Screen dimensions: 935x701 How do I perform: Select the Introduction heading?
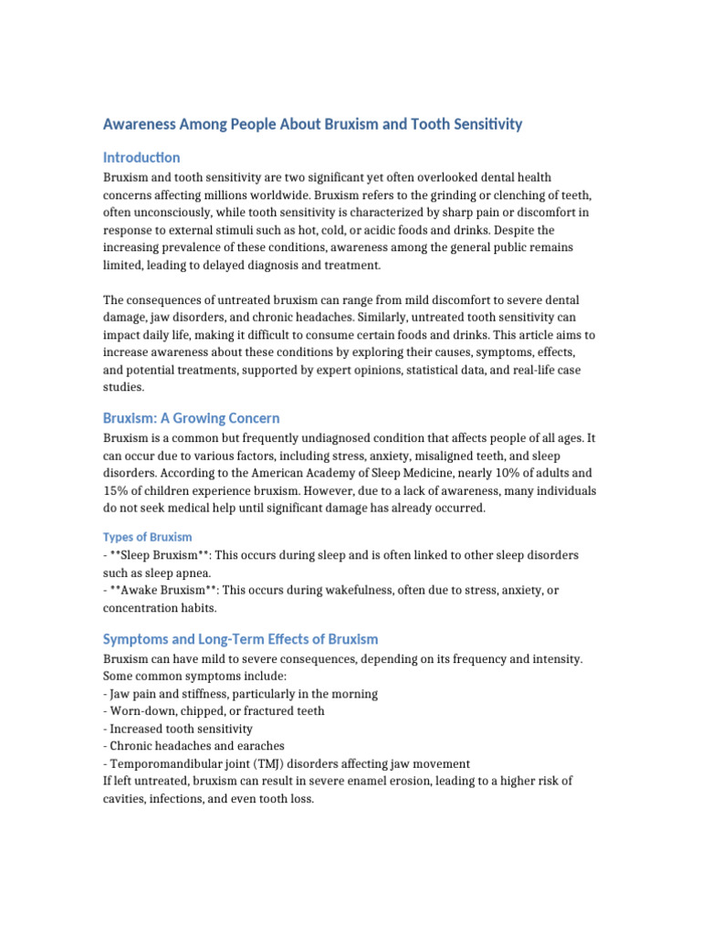(141, 157)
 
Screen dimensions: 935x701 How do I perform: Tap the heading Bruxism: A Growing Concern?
(191, 418)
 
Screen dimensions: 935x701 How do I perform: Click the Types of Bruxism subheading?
(147, 537)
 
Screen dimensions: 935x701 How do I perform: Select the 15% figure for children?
(118, 490)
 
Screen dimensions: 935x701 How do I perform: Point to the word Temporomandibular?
(165, 763)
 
